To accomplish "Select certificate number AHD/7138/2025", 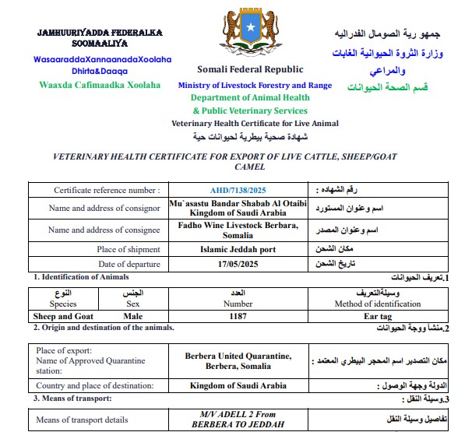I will point(238,190).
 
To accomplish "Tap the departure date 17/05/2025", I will point(238,265).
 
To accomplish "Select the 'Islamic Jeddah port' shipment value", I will point(238,250).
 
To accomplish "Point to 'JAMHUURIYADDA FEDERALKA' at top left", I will point(99,33).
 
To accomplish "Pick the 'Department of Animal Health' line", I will point(250,98).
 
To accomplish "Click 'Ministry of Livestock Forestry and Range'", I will point(255,85).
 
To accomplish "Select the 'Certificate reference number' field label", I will point(107,190).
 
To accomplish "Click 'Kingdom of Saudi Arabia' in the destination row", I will point(238,385).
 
